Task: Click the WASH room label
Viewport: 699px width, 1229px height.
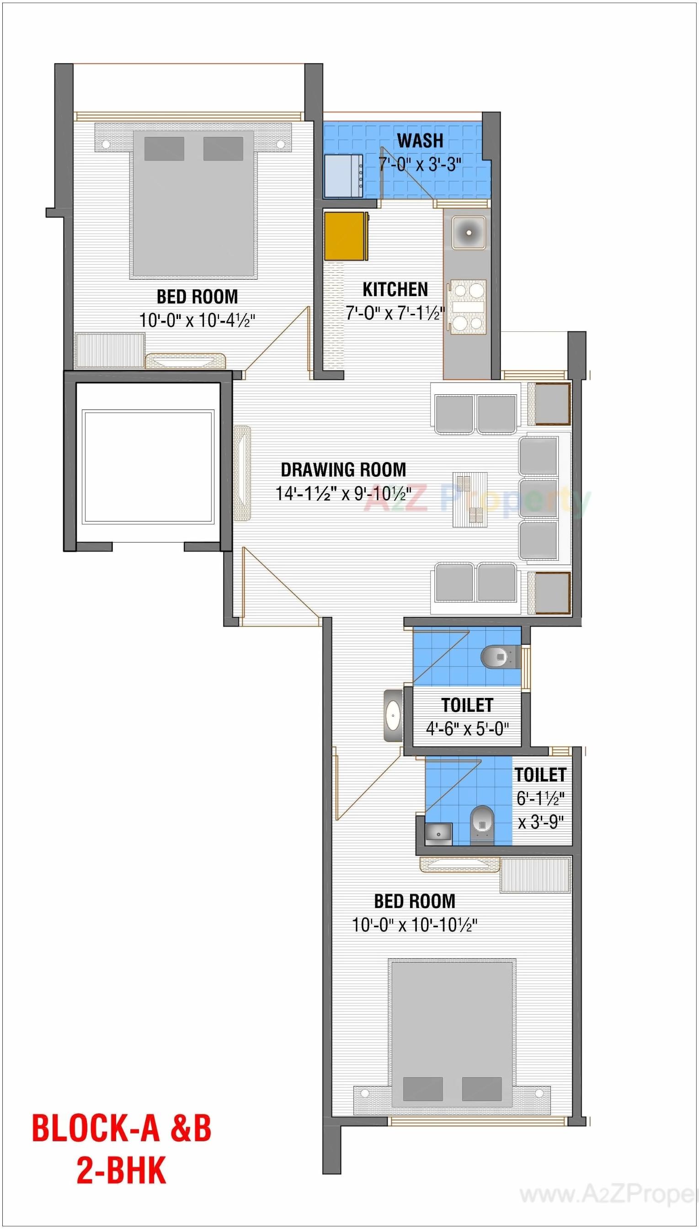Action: [x=420, y=141]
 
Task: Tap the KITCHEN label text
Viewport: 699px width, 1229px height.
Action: [x=395, y=289]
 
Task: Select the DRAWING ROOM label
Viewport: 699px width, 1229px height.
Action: [x=343, y=469]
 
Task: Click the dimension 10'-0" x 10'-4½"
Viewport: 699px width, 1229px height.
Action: [x=197, y=320]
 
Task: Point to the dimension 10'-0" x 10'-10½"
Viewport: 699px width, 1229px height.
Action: [x=414, y=924]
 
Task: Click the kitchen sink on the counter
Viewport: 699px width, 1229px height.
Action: [x=468, y=232]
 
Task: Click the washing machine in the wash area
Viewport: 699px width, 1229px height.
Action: [x=343, y=176]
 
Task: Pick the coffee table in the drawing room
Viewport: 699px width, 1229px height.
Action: [x=470, y=499]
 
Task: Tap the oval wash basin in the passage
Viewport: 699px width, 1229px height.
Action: [x=393, y=716]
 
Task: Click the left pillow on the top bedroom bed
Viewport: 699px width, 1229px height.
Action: [x=164, y=149]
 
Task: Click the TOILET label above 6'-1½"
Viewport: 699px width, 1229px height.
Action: [x=540, y=775]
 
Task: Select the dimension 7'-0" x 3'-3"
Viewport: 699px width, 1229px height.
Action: [x=420, y=165]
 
